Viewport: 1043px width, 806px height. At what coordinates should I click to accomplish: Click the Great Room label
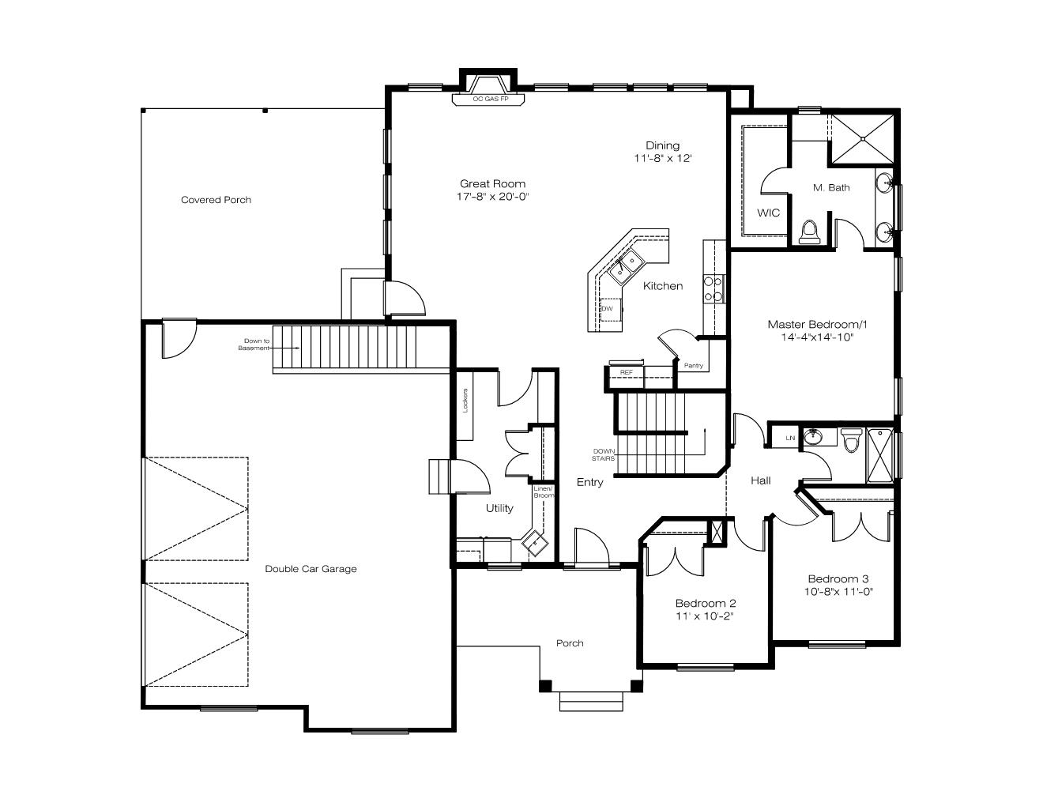[x=492, y=183]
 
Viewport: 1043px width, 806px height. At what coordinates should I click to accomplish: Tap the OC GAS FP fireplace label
[x=490, y=99]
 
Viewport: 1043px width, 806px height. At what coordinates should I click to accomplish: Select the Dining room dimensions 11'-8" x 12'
[x=662, y=158]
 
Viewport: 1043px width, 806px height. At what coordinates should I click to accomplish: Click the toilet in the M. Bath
[x=809, y=232]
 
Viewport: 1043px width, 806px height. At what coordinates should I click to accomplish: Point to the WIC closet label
[x=769, y=213]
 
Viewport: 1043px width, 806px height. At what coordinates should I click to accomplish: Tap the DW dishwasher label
[x=607, y=309]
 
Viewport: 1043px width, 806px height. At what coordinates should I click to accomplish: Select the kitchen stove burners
[x=714, y=288]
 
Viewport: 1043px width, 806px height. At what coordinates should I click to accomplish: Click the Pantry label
[x=694, y=365]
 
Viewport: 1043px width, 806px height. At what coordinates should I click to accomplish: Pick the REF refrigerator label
[x=627, y=372]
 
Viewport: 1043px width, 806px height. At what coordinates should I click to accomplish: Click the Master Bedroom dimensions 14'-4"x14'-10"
[x=817, y=337]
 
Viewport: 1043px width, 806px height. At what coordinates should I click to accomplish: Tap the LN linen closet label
[x=790, y=438]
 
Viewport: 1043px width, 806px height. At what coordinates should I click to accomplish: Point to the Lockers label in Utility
[x=465, y=400]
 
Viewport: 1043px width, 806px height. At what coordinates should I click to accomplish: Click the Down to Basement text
[x=254, y=345]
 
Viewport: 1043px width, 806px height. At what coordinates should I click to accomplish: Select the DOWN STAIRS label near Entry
[x=604, y=454]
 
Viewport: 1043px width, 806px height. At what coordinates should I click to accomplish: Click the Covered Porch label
[x=216, y=200]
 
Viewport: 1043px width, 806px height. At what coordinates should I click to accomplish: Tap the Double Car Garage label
[x=311, y=569]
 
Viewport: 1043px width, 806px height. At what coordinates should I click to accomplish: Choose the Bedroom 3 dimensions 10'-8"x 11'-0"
[x=838, y=591]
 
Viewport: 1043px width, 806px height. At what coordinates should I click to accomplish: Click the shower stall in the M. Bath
[x=863, y=139]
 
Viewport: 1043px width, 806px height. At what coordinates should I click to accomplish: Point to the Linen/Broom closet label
[x=544, y=492]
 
